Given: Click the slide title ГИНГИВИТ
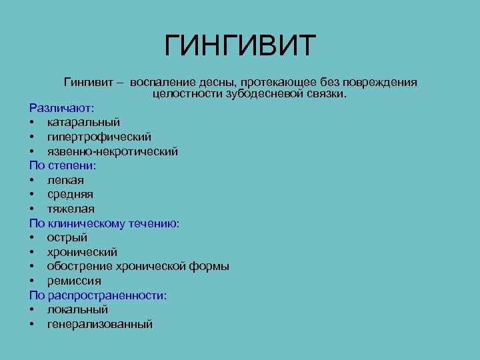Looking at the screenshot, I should (x=240, y=46).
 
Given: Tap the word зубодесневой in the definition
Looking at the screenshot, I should (x=244, y=94).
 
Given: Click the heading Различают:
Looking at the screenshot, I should (x=61, y=107).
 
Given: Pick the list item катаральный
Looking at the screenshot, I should (x=83, y=122).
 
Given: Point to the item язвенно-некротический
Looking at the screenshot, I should (x=112, y=151).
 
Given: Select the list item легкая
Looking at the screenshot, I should (x=65, y=180).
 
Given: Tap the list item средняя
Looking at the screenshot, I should (x=70, y=194).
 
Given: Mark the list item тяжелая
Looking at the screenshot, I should (x=71, y=209).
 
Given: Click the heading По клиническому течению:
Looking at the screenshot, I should (x=104, y=223).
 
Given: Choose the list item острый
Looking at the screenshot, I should (x=67, y=237).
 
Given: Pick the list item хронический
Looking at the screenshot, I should (x=82, y=252).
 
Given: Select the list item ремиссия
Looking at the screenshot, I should (x=74, y=281).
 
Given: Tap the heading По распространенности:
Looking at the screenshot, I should (x=97, y=295).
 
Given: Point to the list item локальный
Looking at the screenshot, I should (x=78, y=309).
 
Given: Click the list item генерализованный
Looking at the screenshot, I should (x=99, y=324).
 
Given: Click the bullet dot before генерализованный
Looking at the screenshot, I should (x=31, y=325).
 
